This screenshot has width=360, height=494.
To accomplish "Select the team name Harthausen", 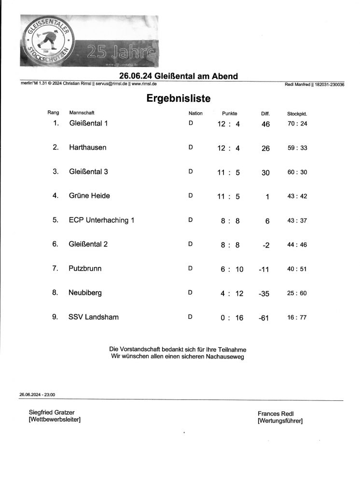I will point(87,147).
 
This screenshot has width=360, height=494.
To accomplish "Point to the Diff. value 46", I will point(265,124).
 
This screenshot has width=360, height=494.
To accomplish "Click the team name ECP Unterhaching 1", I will point(101,220).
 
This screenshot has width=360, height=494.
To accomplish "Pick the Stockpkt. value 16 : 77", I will point(297,317).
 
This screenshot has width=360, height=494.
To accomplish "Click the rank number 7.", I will point(55,268).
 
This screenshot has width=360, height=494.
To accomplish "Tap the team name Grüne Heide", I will point(89,195).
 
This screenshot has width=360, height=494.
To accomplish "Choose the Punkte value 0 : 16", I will point(229,317).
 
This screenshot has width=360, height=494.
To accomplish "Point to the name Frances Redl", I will point(276,414).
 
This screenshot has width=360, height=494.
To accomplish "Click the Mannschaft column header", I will point(82,113).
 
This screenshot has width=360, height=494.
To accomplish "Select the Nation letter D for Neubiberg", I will point(190,293).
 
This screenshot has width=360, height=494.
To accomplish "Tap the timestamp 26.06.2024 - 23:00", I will point(37,395).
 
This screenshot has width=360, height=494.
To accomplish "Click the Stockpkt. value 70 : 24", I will point(297,123).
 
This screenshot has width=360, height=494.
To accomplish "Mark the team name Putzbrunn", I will point(85,268).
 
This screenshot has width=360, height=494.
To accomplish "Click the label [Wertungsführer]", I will point(280,421).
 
